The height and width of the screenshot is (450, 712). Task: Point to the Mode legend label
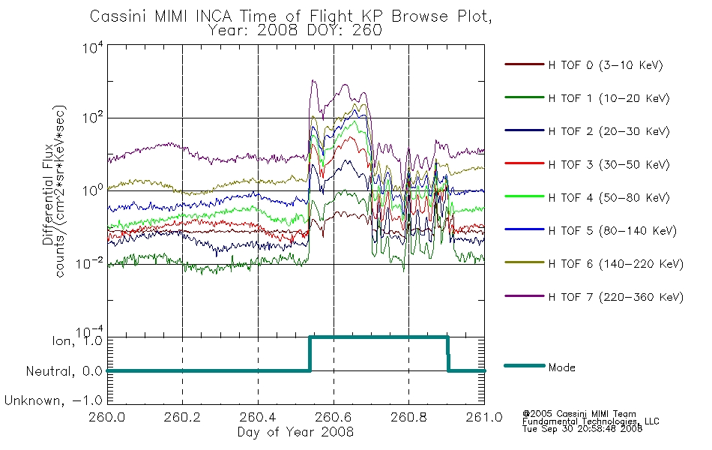[561, 367]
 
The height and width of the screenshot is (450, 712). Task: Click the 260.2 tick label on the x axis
[183, 417]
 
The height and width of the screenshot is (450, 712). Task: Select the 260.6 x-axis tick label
[334, 417]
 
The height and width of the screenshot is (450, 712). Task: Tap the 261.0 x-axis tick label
[484, 417]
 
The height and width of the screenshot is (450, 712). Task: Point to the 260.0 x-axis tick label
[107, 417]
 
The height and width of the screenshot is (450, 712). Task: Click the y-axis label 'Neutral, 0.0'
[64, 371]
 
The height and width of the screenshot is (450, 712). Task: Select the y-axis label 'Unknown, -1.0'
[53, 400]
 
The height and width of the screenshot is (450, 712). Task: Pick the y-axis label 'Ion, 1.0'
[77, 341]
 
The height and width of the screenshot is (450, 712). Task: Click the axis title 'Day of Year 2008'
[295, 432]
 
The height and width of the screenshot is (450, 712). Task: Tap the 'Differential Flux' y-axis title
[48, 194]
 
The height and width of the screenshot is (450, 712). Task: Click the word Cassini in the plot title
[119, 16]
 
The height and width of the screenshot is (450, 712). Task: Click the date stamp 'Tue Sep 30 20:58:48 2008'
[582, 429]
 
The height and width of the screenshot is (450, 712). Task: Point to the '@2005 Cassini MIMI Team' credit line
[579, 414]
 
